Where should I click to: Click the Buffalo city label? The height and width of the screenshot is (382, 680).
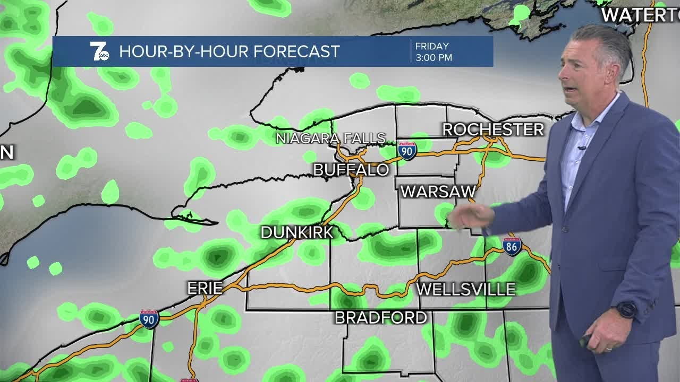click(x=351, y=170)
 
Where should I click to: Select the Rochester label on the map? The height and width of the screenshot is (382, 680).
click(x=493, y=129)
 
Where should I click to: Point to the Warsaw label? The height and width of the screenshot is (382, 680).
click(x=438, y=192)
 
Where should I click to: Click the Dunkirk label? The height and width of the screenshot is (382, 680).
click(x=297, y=232)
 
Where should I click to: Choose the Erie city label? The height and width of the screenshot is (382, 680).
click(x=205, y=288)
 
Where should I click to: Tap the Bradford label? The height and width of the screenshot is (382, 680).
click(x=381, y=318)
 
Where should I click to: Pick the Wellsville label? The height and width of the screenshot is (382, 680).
click(x=466, y=289)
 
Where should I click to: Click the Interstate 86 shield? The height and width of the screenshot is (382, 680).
click(x=512, y=246)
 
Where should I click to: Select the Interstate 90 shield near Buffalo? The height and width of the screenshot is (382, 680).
click(x=407, y=150)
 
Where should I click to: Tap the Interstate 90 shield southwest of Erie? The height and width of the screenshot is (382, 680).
click(x=149, y=319)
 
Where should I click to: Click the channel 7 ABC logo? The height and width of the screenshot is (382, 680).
click(x=99, y=51)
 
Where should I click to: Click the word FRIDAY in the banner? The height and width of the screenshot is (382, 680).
click(x=432, y=46)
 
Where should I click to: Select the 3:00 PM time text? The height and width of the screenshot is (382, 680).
click(x=433, y=58)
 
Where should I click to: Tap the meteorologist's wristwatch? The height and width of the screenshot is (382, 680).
click(x=627, y=309)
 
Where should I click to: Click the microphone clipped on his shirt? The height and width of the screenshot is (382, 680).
click(x=582, y=147)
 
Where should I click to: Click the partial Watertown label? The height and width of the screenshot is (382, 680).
click(x=640, y=15)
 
